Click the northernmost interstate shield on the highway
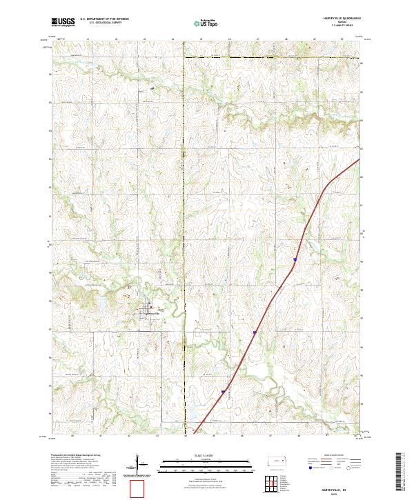click(x=295, y=261)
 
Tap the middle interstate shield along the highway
click(x=255, y=333)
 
